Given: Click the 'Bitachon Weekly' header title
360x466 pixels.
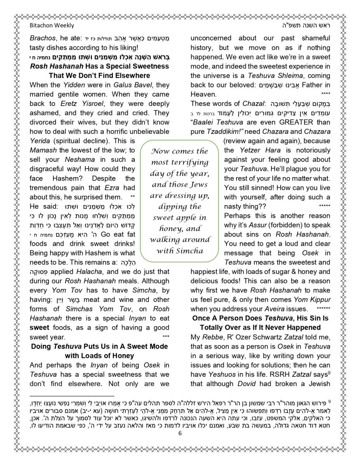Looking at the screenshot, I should [x=52, y=25].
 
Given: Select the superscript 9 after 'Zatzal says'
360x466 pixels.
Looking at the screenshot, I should [x=329, y=372].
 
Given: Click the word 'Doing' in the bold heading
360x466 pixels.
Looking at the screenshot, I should [x=42, y=346].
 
